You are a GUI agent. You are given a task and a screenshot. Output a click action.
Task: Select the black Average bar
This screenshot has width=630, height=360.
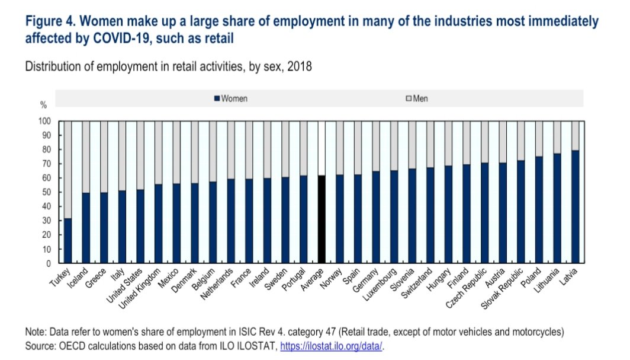pos(322,219)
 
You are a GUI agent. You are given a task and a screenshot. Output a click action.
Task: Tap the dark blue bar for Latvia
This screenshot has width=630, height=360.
pos(575,207)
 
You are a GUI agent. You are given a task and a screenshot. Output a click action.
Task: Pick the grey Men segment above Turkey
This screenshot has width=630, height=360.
pos(67,169)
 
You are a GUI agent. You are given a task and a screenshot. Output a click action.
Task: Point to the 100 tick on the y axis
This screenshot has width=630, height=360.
pos(46,121)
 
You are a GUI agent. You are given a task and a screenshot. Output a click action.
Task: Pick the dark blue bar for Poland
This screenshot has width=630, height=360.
pos(539,210)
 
